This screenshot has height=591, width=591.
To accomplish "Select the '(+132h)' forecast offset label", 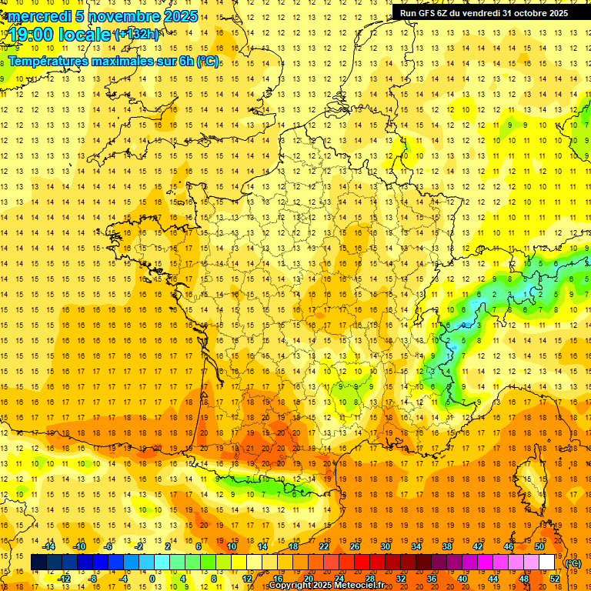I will [136, 34].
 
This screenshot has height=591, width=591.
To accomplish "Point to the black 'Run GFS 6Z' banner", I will [484, 13].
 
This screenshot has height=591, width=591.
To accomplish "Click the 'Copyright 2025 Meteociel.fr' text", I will [326, 586].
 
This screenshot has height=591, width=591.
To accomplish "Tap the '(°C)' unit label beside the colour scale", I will [573, 563].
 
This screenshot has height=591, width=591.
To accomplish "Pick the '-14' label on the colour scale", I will [48, 546].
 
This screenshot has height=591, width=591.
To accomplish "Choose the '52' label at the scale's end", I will [555, 579].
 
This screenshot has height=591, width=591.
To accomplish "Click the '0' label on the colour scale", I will [152, 579].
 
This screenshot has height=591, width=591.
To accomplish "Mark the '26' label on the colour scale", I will [355, 546].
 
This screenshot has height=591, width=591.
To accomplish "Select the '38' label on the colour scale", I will [447, 546].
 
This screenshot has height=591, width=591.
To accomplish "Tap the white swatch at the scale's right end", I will [547, 563].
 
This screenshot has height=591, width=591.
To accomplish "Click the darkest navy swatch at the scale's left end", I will [39, 563].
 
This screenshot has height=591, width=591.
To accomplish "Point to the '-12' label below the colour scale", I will [65, 579].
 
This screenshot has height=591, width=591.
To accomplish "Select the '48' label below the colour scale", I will [524, 579].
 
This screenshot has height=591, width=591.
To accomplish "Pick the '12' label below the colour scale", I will [247, 579].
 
